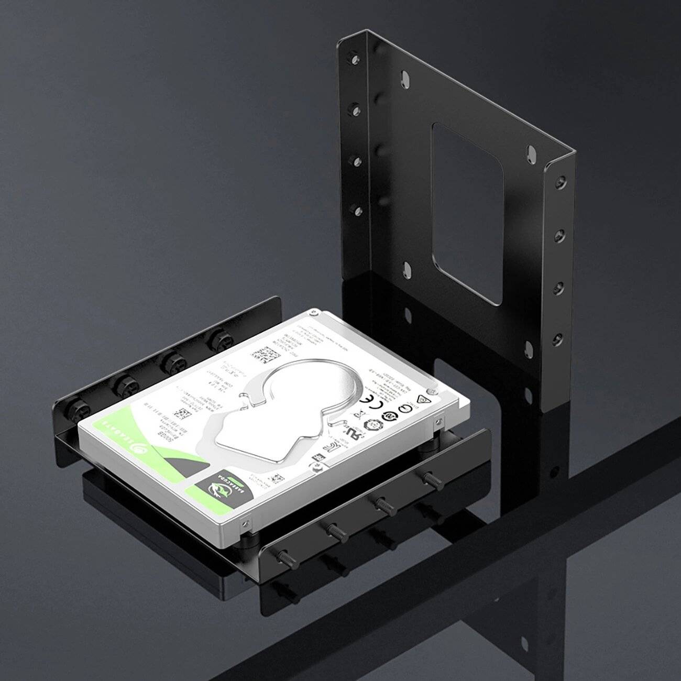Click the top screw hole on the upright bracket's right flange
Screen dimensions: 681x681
(x=562, y=180)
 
